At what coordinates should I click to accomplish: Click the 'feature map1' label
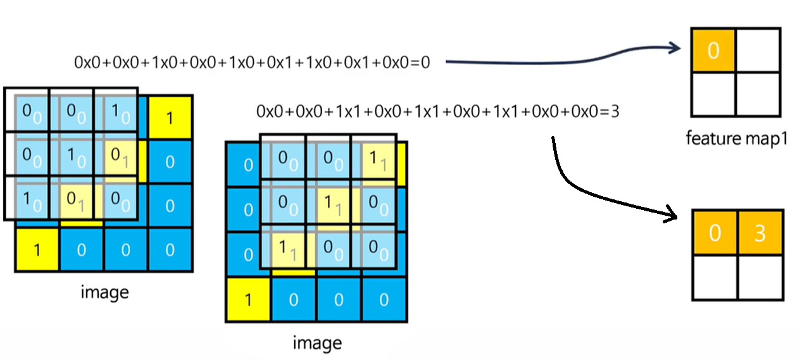pos(736,137)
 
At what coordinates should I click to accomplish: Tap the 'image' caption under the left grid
pos(104,292)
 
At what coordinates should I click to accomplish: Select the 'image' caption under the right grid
pos(317,343)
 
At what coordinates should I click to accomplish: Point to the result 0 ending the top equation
pos(425,62)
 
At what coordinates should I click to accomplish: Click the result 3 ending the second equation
pos(613,112)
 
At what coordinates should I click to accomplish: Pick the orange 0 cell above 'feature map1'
pos(713,51)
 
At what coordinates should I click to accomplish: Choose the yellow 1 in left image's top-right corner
pos(170,117)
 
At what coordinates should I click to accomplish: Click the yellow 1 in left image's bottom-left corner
pos(37,250)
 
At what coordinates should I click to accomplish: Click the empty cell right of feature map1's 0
pos(758,51)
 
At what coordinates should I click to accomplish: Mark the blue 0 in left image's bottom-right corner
pos(170,250)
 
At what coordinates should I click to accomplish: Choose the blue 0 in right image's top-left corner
pos(248,165)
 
